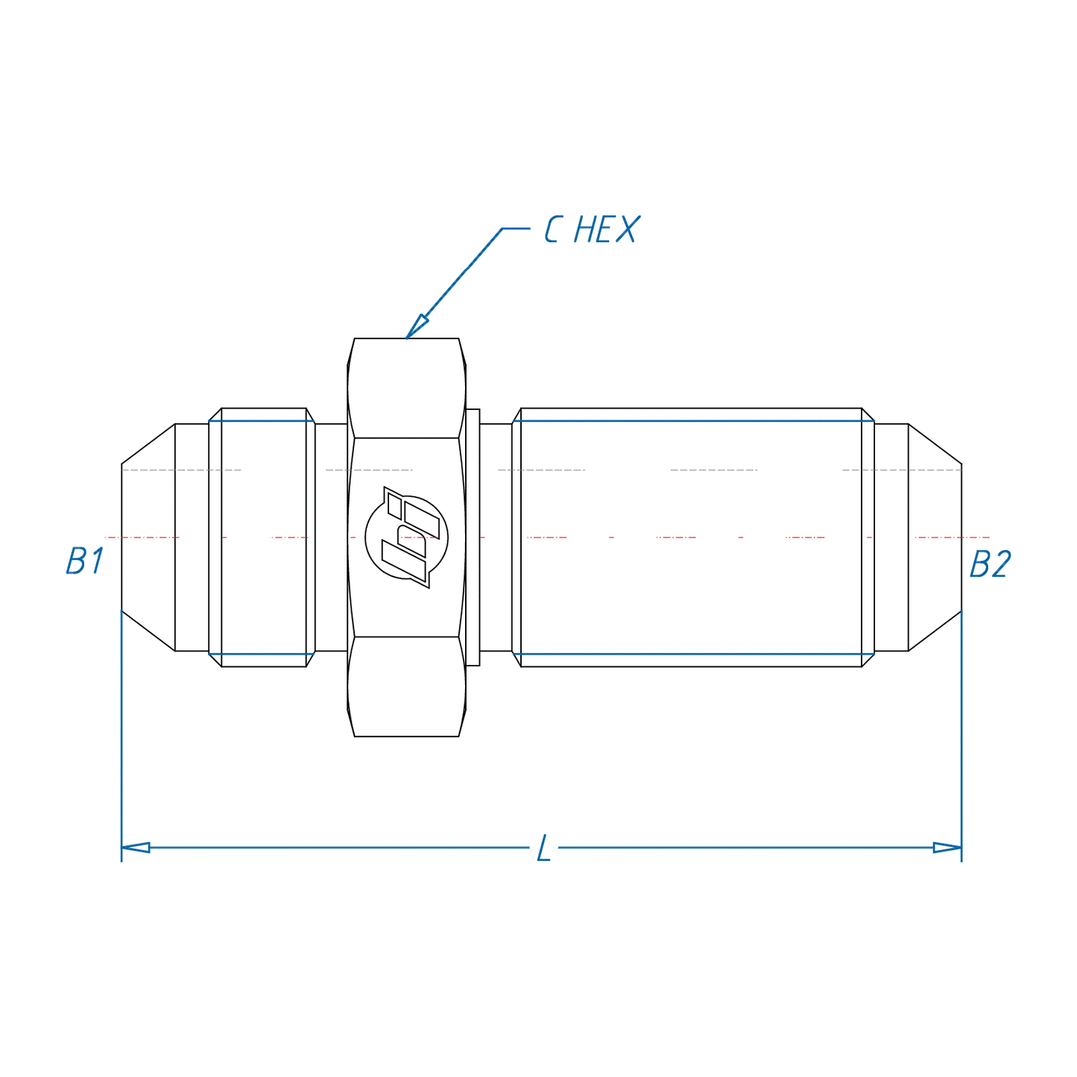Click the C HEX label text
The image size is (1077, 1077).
coord(591,230)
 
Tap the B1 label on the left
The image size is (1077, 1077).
coord(84,561)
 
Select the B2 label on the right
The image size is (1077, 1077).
coord(990,565)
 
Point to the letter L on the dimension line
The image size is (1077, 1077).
coord(544,849)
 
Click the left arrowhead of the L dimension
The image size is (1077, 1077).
coord(136,847)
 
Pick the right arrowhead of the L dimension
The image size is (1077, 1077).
coord(947,847)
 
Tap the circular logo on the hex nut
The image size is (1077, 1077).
coord(407,537)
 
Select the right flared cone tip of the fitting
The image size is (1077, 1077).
coord(935,537)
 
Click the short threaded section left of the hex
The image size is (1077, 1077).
coord(264,537)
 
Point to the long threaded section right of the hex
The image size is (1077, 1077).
coord(691,537)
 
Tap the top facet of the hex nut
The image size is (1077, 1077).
coord(406,388)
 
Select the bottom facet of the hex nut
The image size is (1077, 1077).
coord(406,686)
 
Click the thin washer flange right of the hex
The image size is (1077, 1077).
coord(473,537)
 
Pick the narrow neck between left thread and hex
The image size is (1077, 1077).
coord(331,537)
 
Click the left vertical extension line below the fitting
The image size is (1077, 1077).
coord(121,738)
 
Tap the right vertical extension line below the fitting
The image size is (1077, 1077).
coord(961,738)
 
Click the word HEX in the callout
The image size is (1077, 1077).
coord(606,230)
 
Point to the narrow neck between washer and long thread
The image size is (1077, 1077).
coord(496,537)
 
